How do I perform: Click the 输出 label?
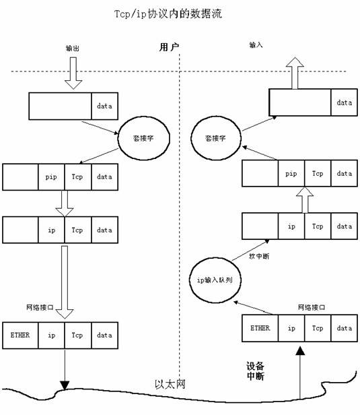(x=73, y=49)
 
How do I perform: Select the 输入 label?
(x=256, y=45)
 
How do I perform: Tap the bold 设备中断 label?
(x=255, y=371)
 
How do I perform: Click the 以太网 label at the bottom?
(x=170, y=384)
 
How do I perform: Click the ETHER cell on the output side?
(x=20, y=333)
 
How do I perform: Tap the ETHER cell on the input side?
(x=260, y=328)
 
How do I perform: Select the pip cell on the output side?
(x=51, y=176)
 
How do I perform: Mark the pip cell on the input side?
(x=291, y=173)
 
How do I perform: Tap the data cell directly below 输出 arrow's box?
(x=104, y=106)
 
